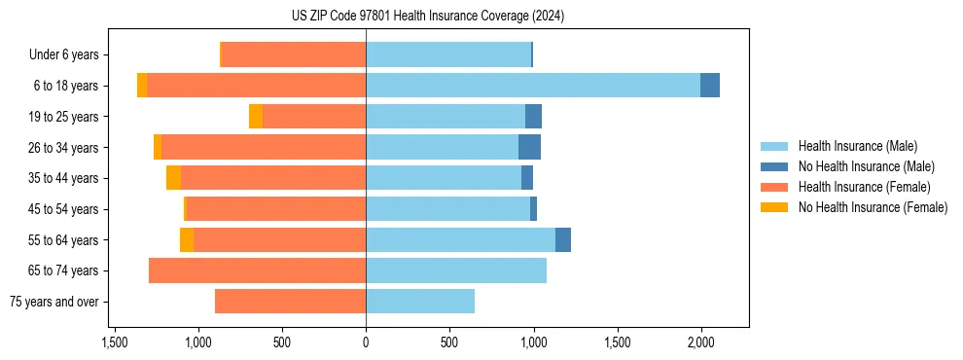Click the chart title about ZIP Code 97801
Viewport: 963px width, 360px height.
[x=427, y=16]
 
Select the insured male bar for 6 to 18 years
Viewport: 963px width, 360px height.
[x=533, y=86]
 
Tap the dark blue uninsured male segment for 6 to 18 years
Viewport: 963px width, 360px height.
[x=710, y=86]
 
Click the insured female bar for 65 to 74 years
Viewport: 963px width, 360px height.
[x=257, y=270]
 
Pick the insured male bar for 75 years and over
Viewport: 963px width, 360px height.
[x=420, y=302]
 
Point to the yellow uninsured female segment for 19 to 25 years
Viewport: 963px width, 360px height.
[x=256, y=117]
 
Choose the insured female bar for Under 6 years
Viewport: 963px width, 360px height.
[x=294, y=54]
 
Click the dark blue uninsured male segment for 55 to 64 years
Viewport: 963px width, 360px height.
[x=563, y=239]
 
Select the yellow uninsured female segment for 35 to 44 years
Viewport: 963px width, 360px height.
[x=173, y=178]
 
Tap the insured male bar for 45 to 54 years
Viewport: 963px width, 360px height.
[x=447, y=209]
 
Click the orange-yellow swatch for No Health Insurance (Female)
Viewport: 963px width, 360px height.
[x=776, y=207]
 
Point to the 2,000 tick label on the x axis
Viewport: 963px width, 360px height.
[x=701, y=342]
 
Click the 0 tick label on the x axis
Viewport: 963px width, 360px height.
[x=366, y=342]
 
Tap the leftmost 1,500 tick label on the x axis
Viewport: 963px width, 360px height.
[x=115, y=342]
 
